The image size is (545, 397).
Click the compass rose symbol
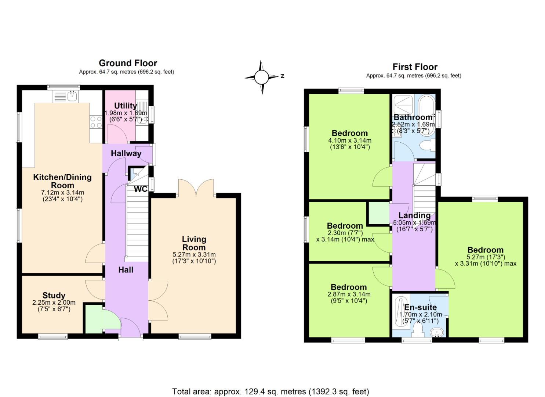[262, 77]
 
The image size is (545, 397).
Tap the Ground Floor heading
[128, 63]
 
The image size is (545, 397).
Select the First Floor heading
[415, 67]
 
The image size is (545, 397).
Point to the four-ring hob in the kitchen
[96, 122]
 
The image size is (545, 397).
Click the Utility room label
[126, 106]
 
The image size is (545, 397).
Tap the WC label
[141, 189]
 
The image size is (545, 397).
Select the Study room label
[54, 295]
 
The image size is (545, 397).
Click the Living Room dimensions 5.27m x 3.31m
[194, 254]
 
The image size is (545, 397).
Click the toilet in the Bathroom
[427, 146]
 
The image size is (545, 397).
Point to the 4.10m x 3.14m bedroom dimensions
[349, 140]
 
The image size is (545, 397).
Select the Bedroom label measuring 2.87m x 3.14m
[348, 287]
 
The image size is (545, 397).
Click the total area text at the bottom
[270, 391]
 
